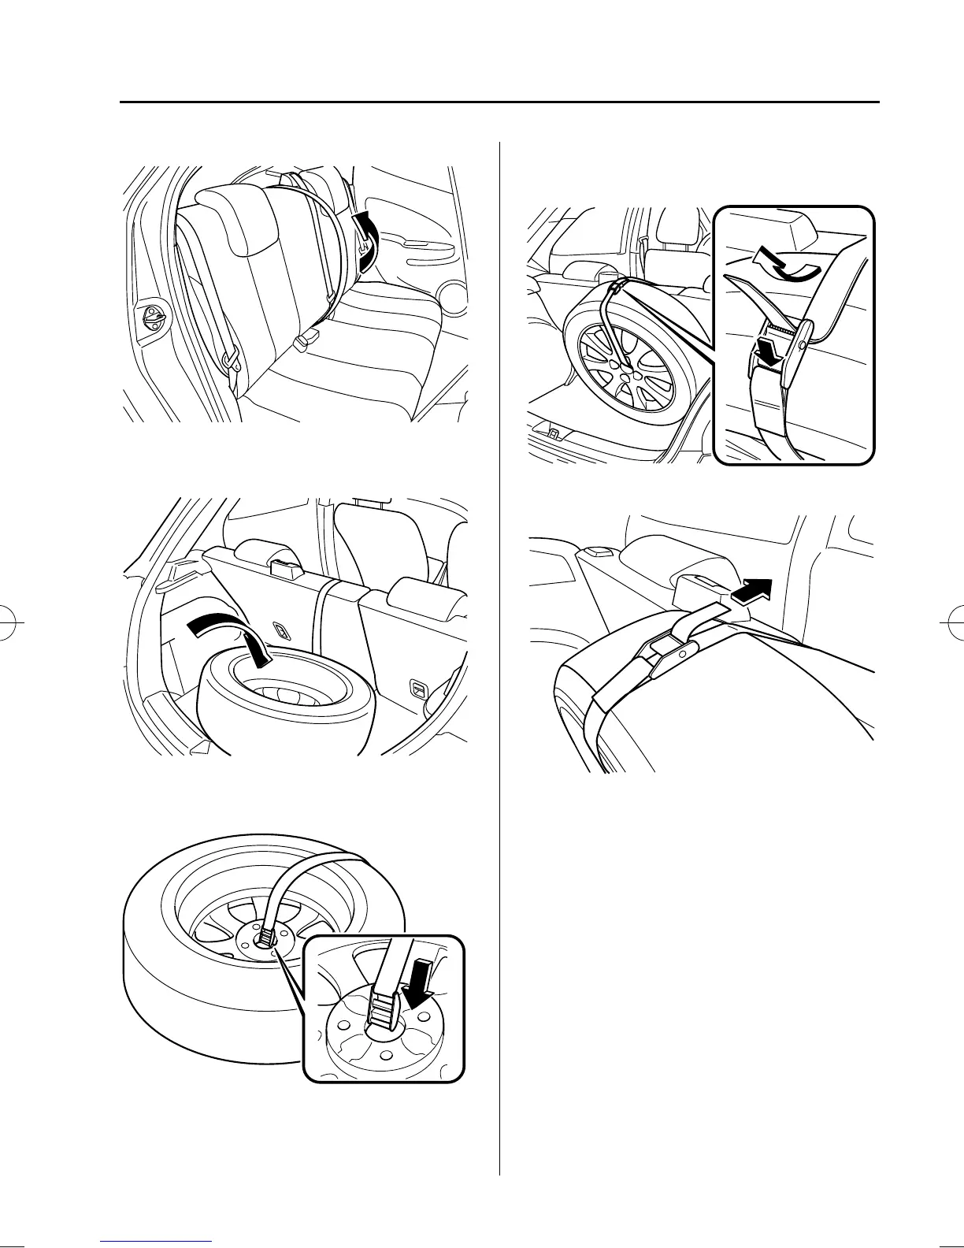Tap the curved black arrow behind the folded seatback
click(x=366, y=240)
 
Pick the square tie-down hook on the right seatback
click(x=417, y=689)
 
